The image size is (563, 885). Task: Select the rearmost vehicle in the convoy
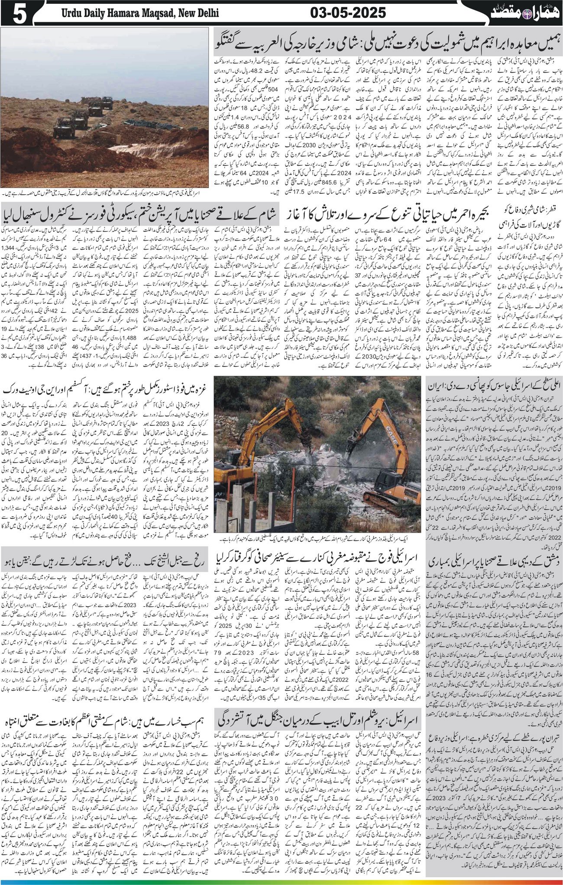click(107, 103)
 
